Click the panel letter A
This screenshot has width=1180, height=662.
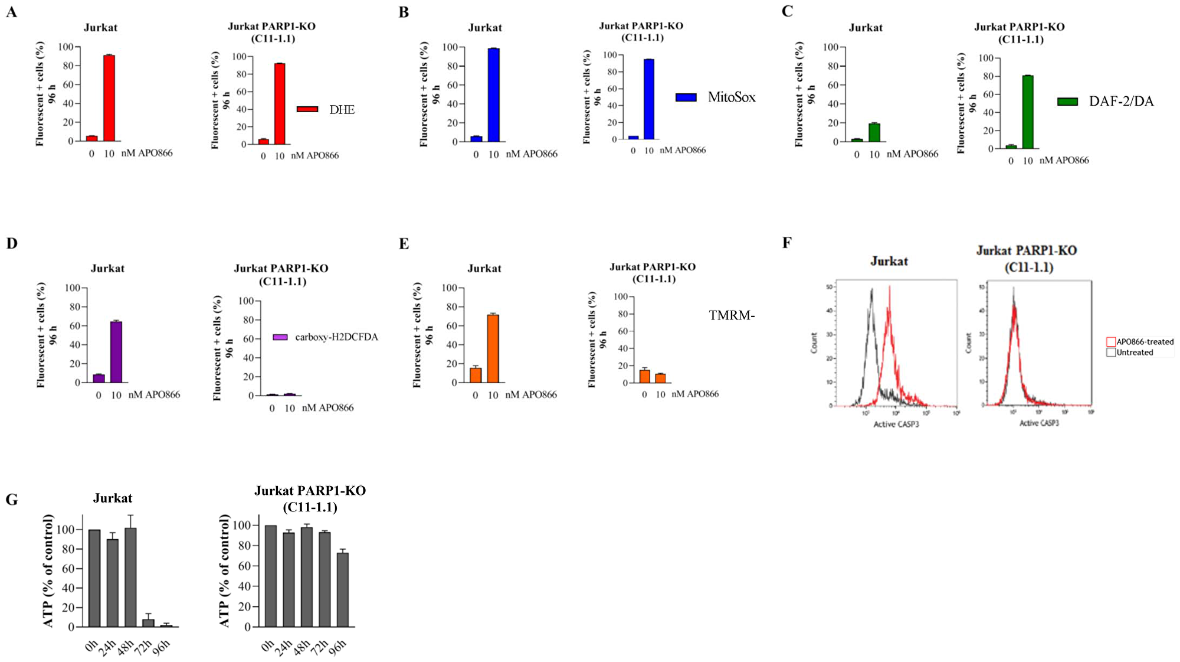pyautogui.click(x=11, y=12)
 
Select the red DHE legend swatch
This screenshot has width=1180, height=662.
pyautogui.click(x=307, y=109)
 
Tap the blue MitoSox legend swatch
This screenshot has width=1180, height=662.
pyautogui.click(x=686, y=97)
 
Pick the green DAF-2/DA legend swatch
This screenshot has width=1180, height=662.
pyautogui.click(x=1067, y=102)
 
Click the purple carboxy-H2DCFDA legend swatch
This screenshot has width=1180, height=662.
pyautogui.click(x=280, y=337)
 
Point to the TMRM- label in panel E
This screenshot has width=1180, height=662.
pyautogui.click(x=732, y=315)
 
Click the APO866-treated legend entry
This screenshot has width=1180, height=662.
pyautogui.click(x=1140, y=341)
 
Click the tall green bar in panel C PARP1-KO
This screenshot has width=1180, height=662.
pyautogui.click(x=1028, y=112)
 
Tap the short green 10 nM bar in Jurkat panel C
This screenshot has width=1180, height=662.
pyautogui.click(x=874, y=133)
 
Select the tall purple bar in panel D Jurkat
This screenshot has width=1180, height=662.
pyautogui.click(x=116, y=353)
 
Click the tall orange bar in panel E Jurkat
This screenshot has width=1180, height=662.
pyautogui.click(x=493, y=349)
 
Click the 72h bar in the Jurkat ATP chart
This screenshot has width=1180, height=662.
pyautogui.click(x=148, y=622)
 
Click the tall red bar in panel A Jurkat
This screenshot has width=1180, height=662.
pyautogui.click(x=109, y=98)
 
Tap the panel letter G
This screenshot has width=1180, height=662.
pyautogui.click(x=11, y=500)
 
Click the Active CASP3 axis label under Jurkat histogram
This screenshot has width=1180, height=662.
pyautogui.click(x=896, y=424)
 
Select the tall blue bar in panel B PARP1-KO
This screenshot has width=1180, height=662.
pyautogui.click(x=649, y=99)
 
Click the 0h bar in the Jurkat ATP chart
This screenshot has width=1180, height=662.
pyautogui.click(x=94, y=578)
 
